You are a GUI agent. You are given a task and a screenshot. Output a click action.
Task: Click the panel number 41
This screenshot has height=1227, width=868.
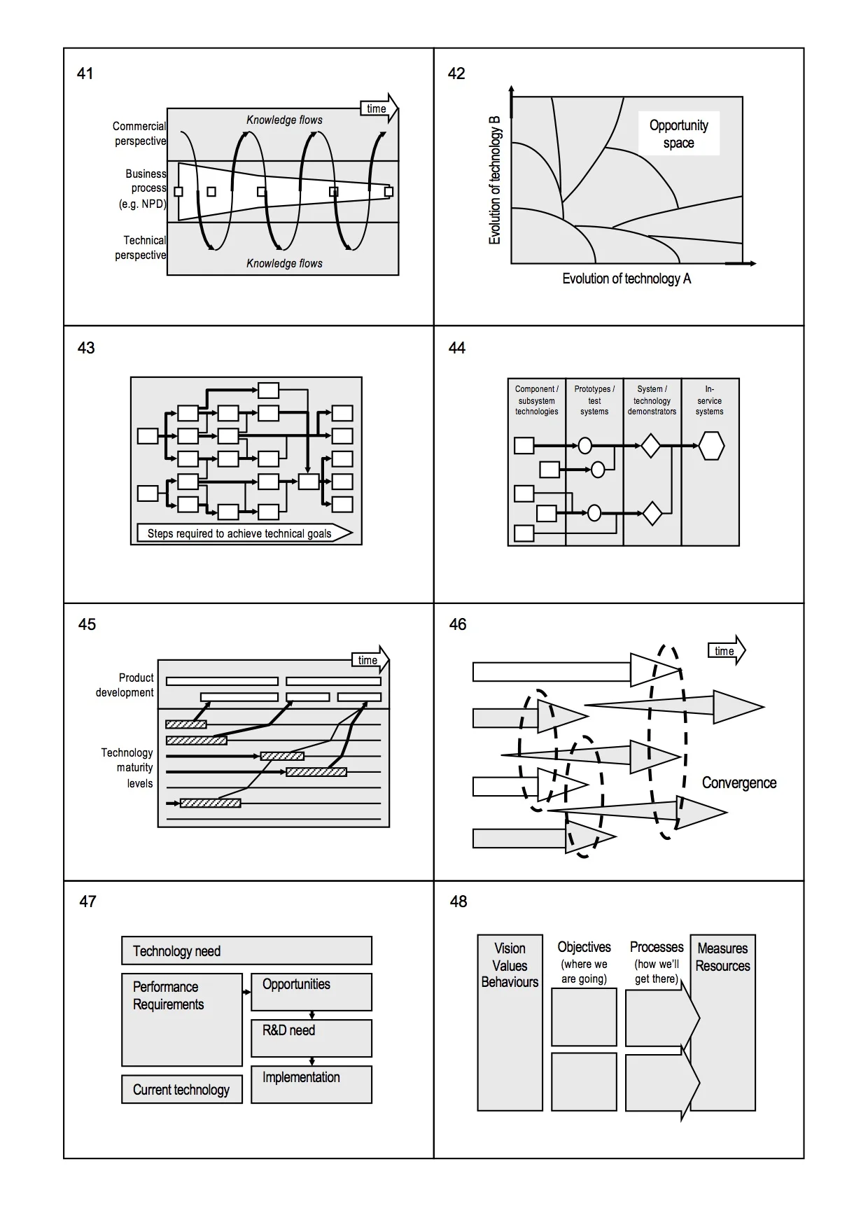(x=85, y=73)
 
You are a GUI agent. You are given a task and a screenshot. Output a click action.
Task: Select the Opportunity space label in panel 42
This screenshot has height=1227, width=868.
(x=678, y=134)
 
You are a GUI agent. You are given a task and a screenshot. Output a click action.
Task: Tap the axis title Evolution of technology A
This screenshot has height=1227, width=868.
(x=626, y=279)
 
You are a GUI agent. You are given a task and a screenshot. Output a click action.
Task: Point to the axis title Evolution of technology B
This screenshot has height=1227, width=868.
(x=495, y=181)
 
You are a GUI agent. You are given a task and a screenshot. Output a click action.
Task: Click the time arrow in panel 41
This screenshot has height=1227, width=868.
(x=379, y=108)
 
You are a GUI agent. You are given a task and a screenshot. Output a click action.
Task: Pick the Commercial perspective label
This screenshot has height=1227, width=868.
(x=140, y=134)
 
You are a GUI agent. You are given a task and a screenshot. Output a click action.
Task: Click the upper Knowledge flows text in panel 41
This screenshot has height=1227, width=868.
(x=284, y=120)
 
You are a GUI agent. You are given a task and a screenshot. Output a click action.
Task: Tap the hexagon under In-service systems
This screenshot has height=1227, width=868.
(x=711, y=446)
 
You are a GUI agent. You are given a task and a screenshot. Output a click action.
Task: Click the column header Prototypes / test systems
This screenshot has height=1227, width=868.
(x=594, y=400)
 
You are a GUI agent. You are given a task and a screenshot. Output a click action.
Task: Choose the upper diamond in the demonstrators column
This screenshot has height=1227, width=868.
(x=651, y=446)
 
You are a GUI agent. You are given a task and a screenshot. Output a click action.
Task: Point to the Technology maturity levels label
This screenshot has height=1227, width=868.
(x=127, y=768)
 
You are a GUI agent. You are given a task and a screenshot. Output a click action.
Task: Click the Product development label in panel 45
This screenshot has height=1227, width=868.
(x=125, y=685)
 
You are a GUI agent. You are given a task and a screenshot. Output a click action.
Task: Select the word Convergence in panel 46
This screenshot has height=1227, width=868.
(x=738, y=783)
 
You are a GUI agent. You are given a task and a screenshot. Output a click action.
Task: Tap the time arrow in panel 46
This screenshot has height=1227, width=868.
(x=727, y=651)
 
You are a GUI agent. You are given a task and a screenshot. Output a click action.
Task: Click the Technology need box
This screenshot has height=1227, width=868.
(x=246, y=951)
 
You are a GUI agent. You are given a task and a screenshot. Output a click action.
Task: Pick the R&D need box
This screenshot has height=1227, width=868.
(x=311, y=1038)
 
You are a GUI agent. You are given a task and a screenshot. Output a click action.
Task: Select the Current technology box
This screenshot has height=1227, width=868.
(x=181, y=1090)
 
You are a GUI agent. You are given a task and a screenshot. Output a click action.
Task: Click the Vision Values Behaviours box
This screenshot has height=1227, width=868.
(x=510, y=1022)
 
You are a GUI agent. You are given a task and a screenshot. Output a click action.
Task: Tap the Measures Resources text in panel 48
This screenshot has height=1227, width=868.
(x=722, y=957)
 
